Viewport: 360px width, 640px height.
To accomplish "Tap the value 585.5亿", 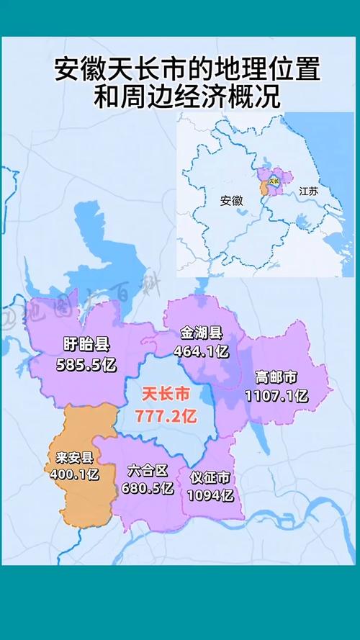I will point(85,364).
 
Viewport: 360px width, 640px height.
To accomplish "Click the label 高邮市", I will point(276,378).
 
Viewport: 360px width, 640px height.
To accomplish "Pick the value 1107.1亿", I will point(276,395).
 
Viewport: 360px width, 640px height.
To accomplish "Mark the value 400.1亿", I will point(74,474).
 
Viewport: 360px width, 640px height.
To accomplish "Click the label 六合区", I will point(148,471).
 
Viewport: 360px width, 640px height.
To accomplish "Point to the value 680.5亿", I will point(148,487).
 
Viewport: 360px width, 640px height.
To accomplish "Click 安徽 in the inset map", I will point(231,201).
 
